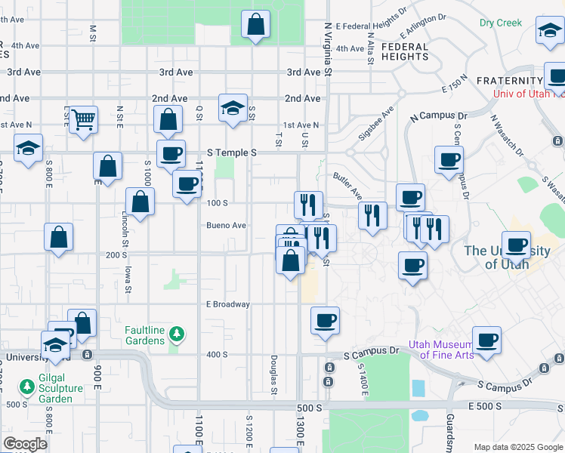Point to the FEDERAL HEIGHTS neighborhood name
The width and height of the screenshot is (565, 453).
[405, 51]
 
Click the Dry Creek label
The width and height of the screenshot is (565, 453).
[500, 23]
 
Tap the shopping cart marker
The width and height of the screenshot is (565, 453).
[83, 119]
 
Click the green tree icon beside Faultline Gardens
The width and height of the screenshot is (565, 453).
[176, 333]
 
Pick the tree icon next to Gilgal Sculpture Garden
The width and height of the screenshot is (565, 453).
[27, 387]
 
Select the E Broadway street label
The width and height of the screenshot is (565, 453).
[227, 304]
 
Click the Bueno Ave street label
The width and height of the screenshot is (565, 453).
[227, 225]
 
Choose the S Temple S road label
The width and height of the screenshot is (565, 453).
[233, 153]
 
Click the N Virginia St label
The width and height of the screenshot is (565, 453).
[328, 49]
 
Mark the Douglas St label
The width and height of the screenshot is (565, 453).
[273, 375]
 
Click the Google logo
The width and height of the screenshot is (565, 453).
[26, 444]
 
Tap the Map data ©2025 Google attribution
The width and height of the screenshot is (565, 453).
[518, 447]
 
